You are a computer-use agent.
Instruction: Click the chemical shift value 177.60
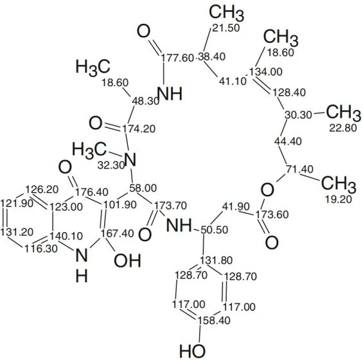tap(177, 57)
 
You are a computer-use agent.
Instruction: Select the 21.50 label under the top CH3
tap(226, 28)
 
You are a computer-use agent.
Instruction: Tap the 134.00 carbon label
tap(266, 71)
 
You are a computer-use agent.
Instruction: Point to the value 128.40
tap(289, 93)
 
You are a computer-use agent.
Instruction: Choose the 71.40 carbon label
tap(300, 169)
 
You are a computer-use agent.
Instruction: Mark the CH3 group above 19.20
tap(339, 184)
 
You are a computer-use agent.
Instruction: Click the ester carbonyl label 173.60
tap(272, 215)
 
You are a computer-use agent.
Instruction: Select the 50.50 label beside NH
tap(215, 230)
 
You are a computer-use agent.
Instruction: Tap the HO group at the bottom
tap(192, 351)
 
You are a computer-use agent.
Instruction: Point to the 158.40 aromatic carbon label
tap(214, 321)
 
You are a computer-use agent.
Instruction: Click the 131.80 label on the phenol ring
tap(217, 260)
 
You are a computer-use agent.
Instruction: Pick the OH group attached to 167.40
tap(128, 260)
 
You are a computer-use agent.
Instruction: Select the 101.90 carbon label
tap(120, 205)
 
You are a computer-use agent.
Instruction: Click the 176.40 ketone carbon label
tap(92, 192)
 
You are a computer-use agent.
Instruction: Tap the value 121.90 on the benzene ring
tap(17, 204)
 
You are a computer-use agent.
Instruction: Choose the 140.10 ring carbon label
tap(67, 236)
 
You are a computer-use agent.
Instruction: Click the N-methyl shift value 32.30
tap(111, 165)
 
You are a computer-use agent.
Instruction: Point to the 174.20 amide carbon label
tap(139, 129)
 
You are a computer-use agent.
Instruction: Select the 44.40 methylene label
tap(288, 141)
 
